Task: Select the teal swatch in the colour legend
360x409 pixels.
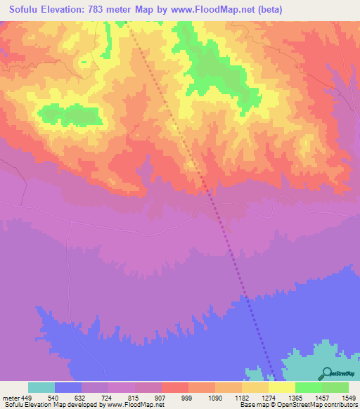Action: tap(41, 387)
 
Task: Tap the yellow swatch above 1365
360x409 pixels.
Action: tap(281, 387)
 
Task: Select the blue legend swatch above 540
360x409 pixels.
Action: tap(67, 387)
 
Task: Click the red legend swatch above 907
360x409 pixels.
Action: tap(174, 387)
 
